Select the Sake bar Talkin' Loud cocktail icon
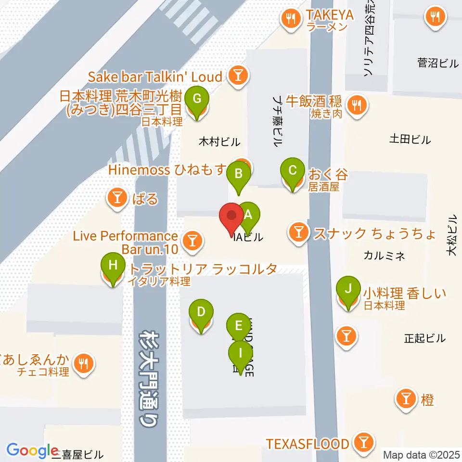click(237, 76)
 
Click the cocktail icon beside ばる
click(117, 198)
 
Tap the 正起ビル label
click(425, 338)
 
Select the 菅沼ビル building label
click(438, 63)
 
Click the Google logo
click(32, 450)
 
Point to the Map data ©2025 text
click(422, 454)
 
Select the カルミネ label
click(384, 256)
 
